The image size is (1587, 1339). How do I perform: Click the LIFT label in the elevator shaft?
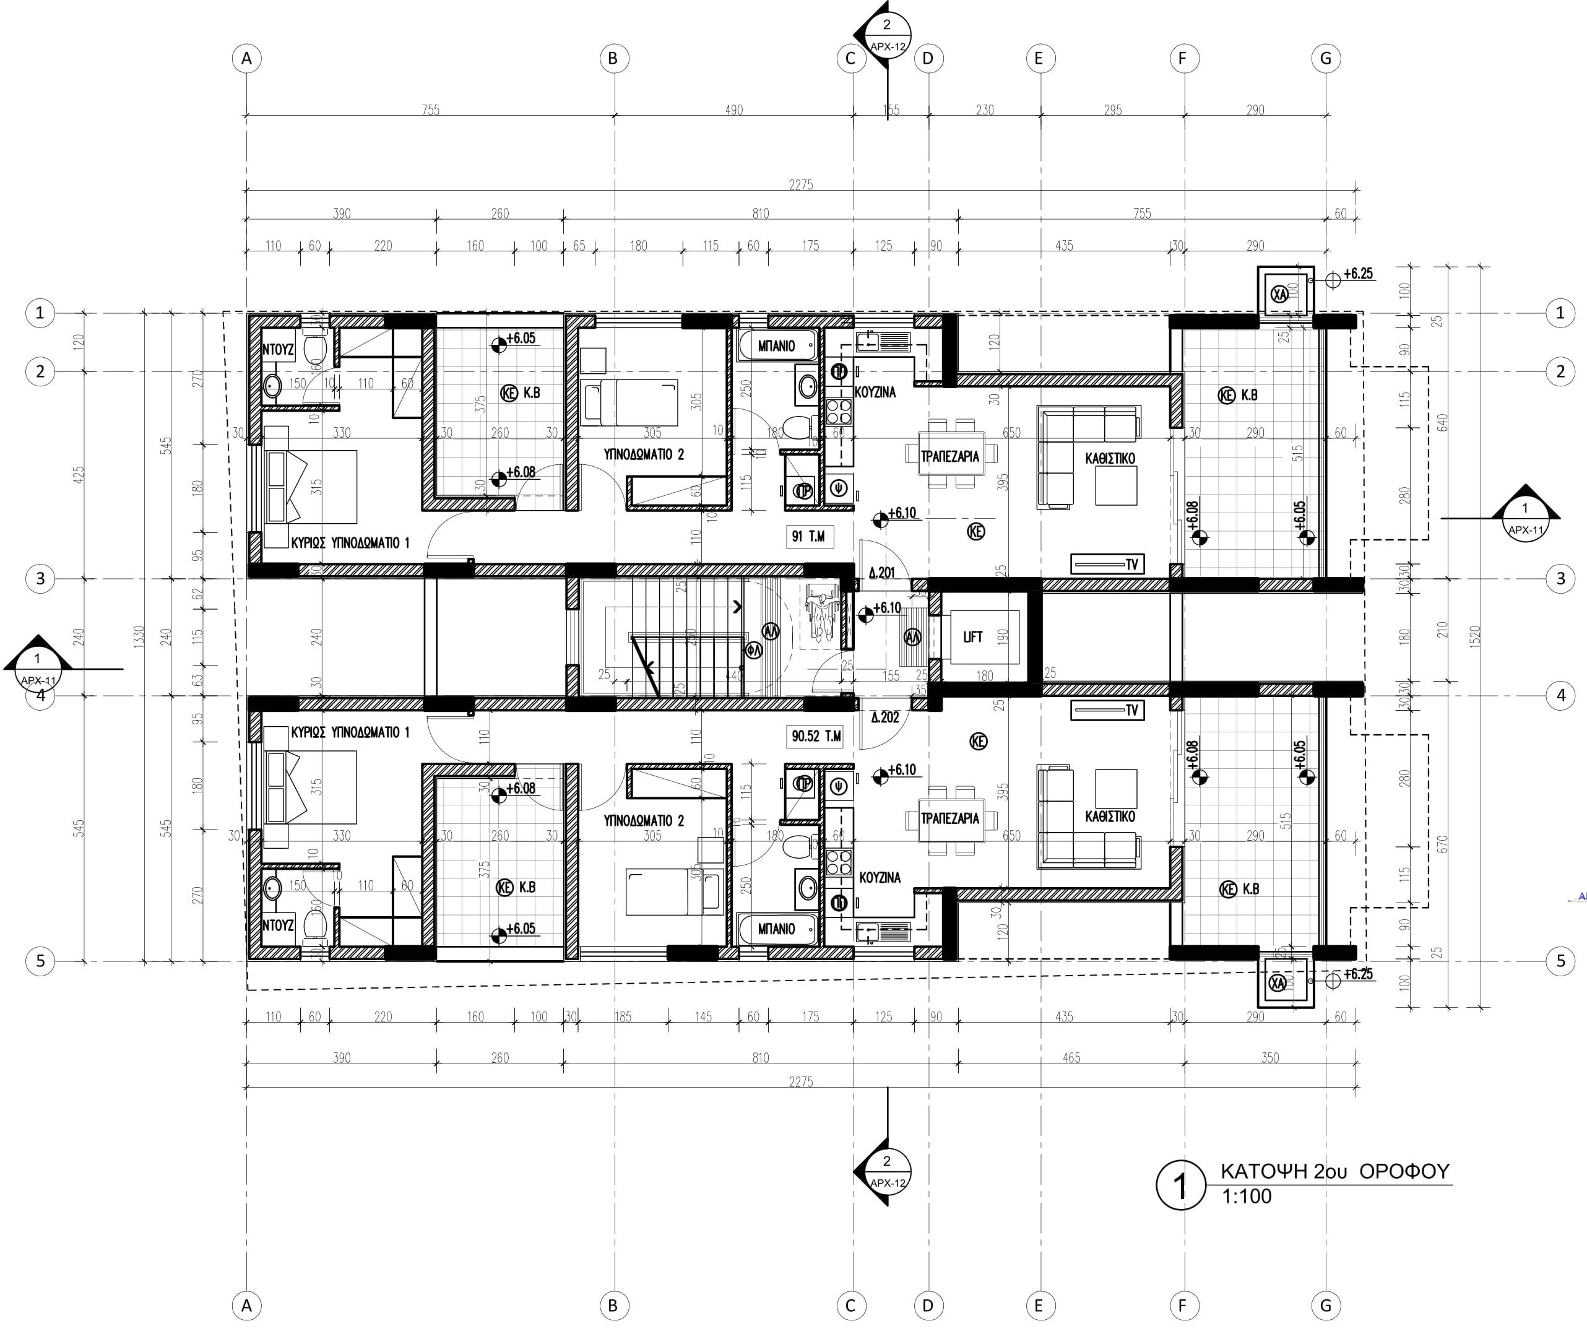(x=973, y=637)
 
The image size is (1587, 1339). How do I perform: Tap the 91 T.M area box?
(x=808, y=537)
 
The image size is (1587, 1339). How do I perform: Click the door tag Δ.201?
(x=883, y=573)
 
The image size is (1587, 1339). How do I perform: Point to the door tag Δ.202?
(x=885, y=717)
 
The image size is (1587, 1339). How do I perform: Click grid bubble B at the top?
(x=613, y=58)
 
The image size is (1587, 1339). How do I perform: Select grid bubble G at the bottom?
(x=1326, y=1306)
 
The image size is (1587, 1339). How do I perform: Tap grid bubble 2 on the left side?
(x=40, y=371)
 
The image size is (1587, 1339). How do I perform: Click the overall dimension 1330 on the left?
(x=138, y=636)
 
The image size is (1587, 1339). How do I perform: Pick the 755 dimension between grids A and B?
(x=430, y=110)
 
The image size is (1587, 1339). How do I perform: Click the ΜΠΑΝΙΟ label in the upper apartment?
(x=776, y=346)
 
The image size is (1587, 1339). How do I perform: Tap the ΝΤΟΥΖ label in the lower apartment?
(x=278, y=925)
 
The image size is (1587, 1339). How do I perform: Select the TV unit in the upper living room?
(x=1107, y=564)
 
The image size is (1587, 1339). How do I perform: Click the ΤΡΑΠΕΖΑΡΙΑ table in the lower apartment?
(x=950, y=818)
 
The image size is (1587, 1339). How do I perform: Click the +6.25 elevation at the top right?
(x=1358, y=274)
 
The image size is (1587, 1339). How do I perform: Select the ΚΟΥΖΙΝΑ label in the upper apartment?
(x=875, y=392)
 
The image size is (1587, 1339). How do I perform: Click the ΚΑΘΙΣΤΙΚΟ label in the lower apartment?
(x=1110, y=816)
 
